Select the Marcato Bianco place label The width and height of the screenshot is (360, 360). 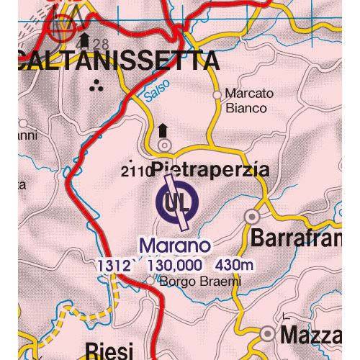(x=245, y=101)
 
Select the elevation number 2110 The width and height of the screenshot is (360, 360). (x=136, y=171)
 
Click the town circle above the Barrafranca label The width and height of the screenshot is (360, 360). (x=252, y=215)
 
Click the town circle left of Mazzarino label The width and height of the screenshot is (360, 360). (x=269, y=333)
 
